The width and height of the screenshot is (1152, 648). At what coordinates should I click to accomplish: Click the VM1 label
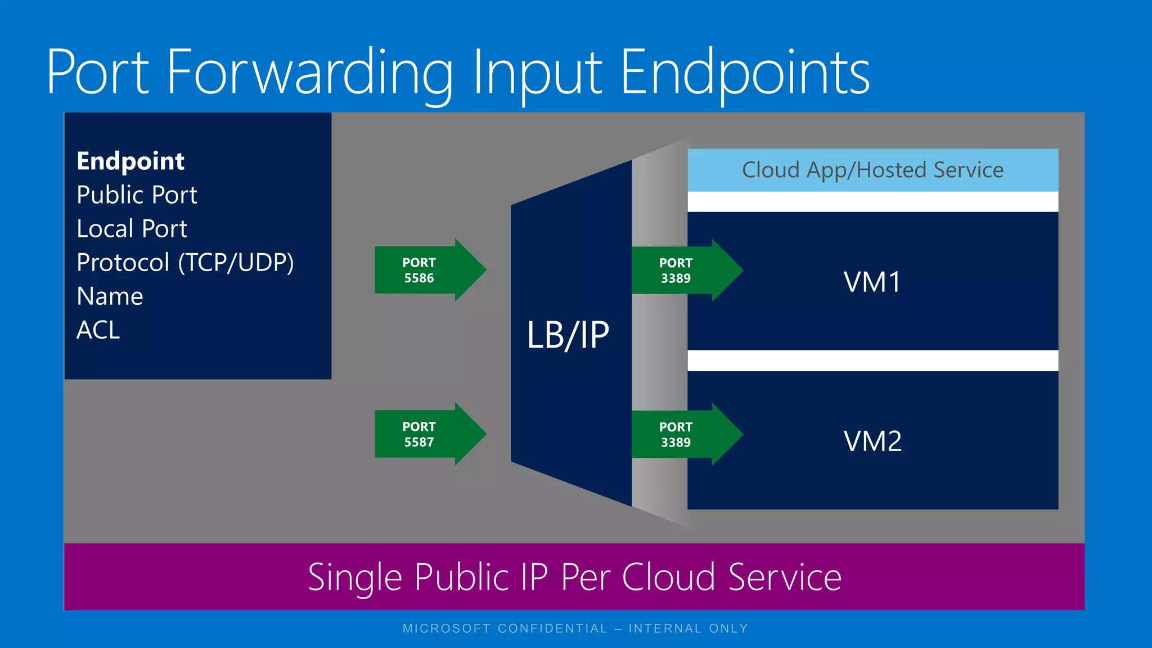tap(872, 282)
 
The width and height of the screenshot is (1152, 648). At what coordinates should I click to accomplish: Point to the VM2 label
tap(872, 441)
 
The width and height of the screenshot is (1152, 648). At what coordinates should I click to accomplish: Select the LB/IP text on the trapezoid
tap(568, 336)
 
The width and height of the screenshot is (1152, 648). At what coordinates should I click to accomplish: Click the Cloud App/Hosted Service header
tap(872, 170)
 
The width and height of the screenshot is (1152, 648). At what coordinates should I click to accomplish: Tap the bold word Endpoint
tap(130, 161)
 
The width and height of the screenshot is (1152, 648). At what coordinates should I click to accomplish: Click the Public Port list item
tap(137, 195)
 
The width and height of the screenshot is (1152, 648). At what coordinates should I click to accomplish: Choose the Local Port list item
tap(132, 229)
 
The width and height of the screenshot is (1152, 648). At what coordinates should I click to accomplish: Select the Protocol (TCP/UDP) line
tap(185, 263)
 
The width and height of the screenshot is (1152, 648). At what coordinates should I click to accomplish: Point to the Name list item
tap(110, 296)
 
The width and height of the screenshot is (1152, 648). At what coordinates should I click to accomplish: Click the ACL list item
tap(98, 330)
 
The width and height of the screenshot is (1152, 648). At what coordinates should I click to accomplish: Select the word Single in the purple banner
tap(354, 578)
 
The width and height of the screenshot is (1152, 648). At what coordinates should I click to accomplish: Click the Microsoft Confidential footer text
tap(575, 628)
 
